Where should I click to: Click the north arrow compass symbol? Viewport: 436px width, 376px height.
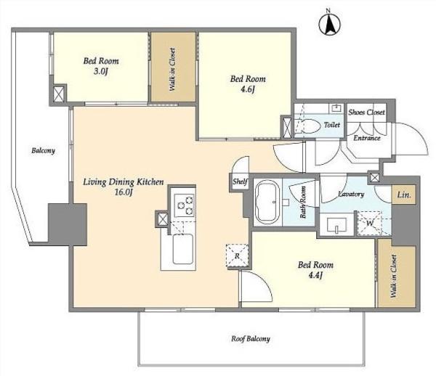(330, 25)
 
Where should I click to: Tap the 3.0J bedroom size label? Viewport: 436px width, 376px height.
(101, 72)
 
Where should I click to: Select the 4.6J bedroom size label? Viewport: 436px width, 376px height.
(248, 90)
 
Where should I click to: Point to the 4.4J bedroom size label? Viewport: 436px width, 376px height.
(315, 275)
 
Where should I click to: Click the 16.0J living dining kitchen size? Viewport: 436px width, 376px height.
(124, 192)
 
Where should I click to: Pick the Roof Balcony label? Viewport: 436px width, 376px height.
(251, 339)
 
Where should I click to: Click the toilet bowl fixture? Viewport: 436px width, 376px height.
(308, 126)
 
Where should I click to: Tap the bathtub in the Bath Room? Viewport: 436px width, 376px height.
(267, 202)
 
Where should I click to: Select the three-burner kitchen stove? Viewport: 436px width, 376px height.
(185, 205)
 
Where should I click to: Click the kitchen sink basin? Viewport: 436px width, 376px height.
(182, 249)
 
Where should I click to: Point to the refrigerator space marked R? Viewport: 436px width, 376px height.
(237, 256)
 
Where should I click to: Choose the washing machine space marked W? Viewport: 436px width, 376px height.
(370, 224)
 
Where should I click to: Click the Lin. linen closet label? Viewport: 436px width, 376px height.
(404, 195)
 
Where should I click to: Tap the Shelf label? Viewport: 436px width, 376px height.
(240, 181)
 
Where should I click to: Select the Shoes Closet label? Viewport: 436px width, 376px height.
(366, 113)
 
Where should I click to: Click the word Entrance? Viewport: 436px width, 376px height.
(367, 138)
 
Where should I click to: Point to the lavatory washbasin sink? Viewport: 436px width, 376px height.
(336, 224)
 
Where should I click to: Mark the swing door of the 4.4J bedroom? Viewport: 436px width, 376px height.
(257, 286)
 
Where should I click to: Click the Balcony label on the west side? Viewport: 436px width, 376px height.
(43, 151)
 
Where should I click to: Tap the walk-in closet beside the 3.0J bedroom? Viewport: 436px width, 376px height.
(173, 67)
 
